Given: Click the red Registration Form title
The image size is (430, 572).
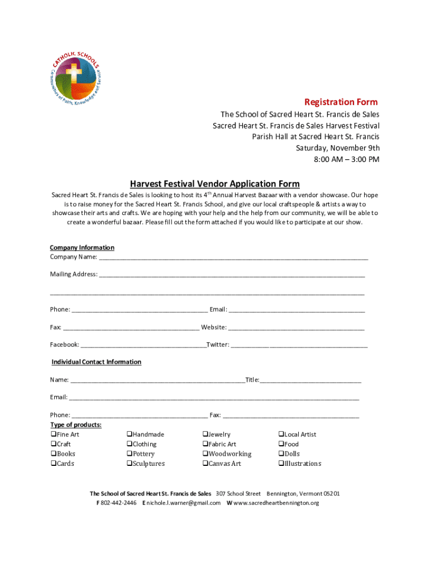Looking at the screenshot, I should (341, 102).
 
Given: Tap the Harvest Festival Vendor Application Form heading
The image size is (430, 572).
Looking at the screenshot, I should (215, 184).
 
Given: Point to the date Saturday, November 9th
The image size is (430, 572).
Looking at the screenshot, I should (337, 148).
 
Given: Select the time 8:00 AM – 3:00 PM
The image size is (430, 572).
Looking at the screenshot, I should (345, 159).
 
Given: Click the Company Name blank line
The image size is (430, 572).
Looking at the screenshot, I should (233, 258).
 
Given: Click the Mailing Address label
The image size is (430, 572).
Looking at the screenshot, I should (73, 274).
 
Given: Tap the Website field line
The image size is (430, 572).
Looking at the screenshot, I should (296, 328).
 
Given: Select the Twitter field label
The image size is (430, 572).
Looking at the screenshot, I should (217, 345).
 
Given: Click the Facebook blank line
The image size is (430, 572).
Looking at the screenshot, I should (143, 346).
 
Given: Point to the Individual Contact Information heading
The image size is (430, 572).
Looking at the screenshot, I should (97, 362).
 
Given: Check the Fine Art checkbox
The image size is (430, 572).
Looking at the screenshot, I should (53, 435).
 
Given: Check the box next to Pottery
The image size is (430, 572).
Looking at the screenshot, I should (129, 454).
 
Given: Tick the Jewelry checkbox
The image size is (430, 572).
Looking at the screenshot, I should (205, 435).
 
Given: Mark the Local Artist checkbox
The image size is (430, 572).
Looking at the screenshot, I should (281, 435).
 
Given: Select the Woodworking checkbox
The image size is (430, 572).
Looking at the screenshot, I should (205, 454).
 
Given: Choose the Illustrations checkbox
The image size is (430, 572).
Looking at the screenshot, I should (281, 464).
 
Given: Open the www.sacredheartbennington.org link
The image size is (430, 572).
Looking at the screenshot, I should (276, 503).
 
